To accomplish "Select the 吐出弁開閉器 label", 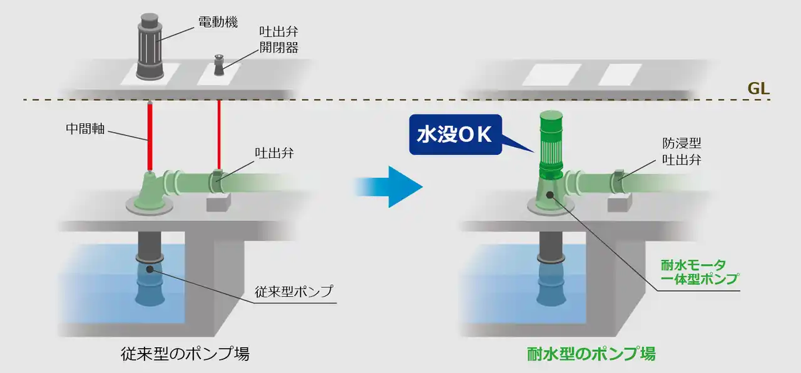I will pyautogui.click(x=278, y=39).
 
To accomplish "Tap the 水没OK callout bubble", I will pyautogui.click(x=455, y=135).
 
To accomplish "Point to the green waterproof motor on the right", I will pyautogui.click(x=551, y=144).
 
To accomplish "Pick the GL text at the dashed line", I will pyautogui.click(x=758, y=88).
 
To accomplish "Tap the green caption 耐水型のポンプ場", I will pyautogui.click(x=590, y=354).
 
